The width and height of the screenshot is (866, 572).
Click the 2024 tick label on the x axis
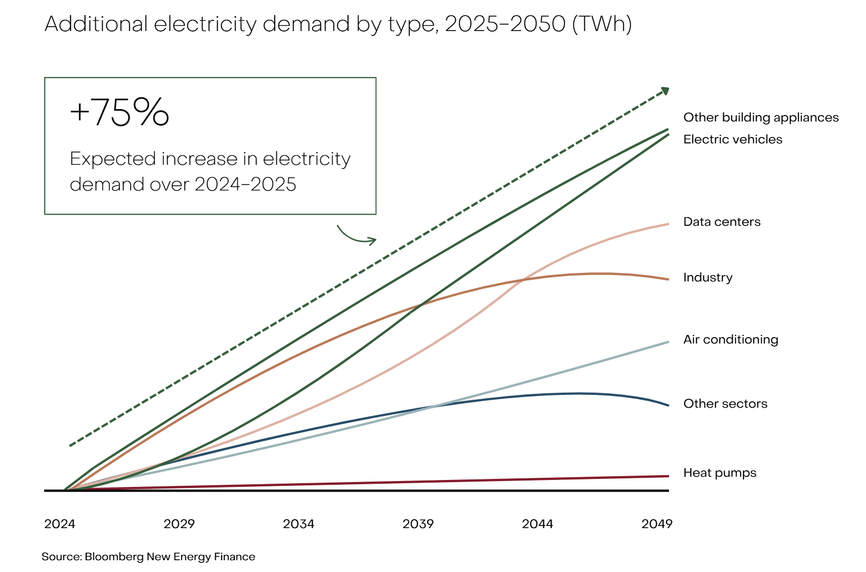click(x=59, y=524)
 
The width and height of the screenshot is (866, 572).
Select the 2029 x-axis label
click(x=179, y=524)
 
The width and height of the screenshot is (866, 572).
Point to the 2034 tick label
click(x=298, y=524)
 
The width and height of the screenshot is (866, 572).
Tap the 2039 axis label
click(x=418, y=524)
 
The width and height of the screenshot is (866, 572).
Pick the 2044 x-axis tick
click(x=537, y=524)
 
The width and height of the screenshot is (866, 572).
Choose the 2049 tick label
click(x=657, y=524)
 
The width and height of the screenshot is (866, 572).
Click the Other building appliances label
click(x=761, y=118)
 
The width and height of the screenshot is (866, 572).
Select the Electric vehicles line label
click(x=732, y=140)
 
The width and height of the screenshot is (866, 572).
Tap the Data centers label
click(x=721, y=222)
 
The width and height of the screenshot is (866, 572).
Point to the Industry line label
click(x=708, y=278)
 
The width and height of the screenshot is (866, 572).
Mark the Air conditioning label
click(x=731, y=340)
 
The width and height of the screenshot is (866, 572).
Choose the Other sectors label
click(x=725, y=404)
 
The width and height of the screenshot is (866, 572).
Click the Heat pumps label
click(x=719, y=473)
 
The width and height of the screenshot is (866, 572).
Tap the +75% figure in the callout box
click(x=119, y=112)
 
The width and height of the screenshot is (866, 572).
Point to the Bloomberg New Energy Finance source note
click(x=148, y=557)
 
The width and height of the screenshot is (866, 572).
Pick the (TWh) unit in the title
click(x=602, y=24)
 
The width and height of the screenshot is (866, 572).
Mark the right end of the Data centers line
click(x=667, y=224)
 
